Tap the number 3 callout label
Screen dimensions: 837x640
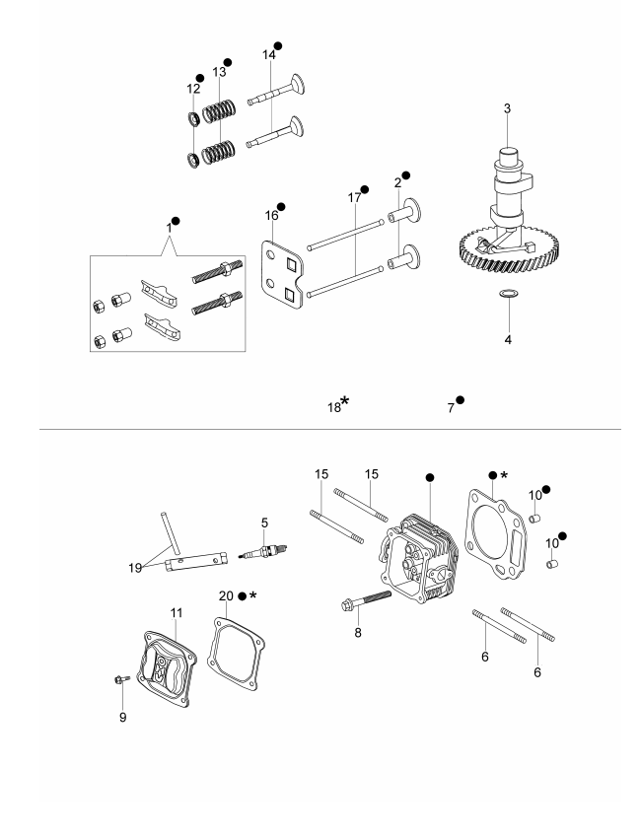pyautogui.click(x=506, y=108)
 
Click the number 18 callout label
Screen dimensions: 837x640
pyautogui.click(x=334, y=406)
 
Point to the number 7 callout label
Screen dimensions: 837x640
pyautogui.click(x=451, y=406)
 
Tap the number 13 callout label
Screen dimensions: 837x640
pyautogui.click(x=219, y=73)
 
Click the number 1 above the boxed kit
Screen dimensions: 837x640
pyautogui.click(x=169, y=228)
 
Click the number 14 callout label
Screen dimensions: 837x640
pyautogui.click(x=268, y=56)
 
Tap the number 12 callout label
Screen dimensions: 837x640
pyautogui.click(x=193, y=89)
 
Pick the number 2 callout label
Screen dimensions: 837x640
pyautogui.click(x=397, y=184)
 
